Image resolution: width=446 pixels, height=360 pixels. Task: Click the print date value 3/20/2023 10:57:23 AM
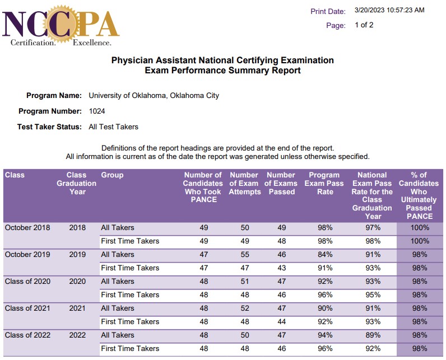point(389,10)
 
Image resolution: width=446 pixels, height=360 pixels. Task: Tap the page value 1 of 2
point(364,25)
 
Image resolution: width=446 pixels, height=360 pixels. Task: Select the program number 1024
point(97,111)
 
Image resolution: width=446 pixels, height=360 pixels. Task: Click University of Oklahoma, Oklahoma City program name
point(154,95)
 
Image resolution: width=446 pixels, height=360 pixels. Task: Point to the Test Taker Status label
point(49,127)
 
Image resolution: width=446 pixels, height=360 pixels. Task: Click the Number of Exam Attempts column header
point(245,183)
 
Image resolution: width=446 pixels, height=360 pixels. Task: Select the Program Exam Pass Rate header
point(325,183)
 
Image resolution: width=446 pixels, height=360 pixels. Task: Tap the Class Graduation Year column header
point(77,183)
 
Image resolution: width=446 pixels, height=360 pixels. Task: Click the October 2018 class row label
point(27,227)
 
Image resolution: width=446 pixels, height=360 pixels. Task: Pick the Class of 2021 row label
point(27,308)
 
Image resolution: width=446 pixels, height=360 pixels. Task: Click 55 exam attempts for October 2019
point(244,254)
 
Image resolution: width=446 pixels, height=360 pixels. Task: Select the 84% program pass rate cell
point(325,254)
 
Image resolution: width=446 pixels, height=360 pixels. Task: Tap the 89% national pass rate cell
point(373,335)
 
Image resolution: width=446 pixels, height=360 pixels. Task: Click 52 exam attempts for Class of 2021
point(244,308)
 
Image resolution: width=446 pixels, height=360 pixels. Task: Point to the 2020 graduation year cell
point(77,281)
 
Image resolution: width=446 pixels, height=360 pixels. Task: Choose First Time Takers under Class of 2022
point(130,348)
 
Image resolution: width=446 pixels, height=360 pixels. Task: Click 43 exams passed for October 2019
point(281,268)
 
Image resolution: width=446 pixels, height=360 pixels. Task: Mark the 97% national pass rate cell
point(373,227)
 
